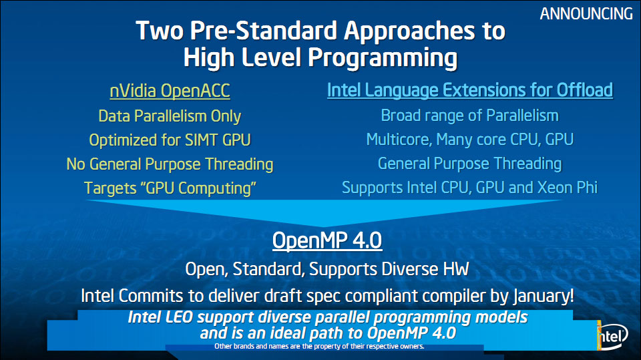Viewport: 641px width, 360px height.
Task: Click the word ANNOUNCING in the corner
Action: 586,14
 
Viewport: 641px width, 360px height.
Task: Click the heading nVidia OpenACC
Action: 170,91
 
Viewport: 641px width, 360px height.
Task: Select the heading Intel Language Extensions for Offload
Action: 469,90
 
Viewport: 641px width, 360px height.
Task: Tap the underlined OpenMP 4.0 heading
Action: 327,240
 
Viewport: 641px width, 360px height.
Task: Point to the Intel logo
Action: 612,336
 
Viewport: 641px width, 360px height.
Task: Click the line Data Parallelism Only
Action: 170,116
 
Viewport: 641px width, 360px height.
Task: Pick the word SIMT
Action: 202,140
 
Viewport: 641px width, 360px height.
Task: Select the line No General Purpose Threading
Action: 170,164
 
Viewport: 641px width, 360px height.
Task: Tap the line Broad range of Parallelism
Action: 469,116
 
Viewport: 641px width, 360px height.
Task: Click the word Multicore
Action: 399,140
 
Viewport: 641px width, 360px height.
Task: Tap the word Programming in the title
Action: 382,58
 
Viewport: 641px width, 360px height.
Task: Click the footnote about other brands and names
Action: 319,347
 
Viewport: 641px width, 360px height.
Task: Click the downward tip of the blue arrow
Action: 324,226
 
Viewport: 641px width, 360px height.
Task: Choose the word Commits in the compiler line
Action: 151,296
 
